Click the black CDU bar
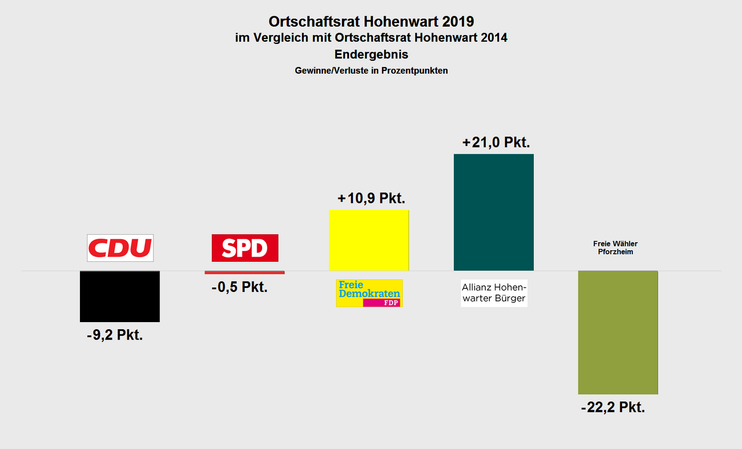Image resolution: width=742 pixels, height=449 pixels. [119, 296]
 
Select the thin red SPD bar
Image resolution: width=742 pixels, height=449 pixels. [245, 272]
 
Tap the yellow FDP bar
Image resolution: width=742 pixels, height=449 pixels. [369, 240]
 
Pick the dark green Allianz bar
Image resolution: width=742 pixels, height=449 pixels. [493, 212]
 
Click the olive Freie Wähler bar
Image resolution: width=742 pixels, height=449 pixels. [618, 332]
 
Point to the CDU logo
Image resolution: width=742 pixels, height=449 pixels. [120, 248]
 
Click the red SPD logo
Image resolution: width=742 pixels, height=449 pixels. [245, 248]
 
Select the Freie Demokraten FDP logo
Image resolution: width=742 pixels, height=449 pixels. [369, 293]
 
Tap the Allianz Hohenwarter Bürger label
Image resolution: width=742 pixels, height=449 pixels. [494, 293]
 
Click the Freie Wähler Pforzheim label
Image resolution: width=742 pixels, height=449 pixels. [615, 248]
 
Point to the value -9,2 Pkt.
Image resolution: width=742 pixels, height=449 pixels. [115, 335]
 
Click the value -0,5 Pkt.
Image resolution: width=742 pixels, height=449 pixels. [239, 287]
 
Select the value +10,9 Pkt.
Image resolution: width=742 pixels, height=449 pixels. [371, 198]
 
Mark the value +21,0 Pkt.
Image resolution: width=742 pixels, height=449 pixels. [496, 143]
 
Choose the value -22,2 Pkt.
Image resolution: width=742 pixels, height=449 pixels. [613, 407]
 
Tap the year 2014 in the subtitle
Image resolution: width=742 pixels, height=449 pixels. [492, 38]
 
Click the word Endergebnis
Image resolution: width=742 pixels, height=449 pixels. [371, 55]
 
